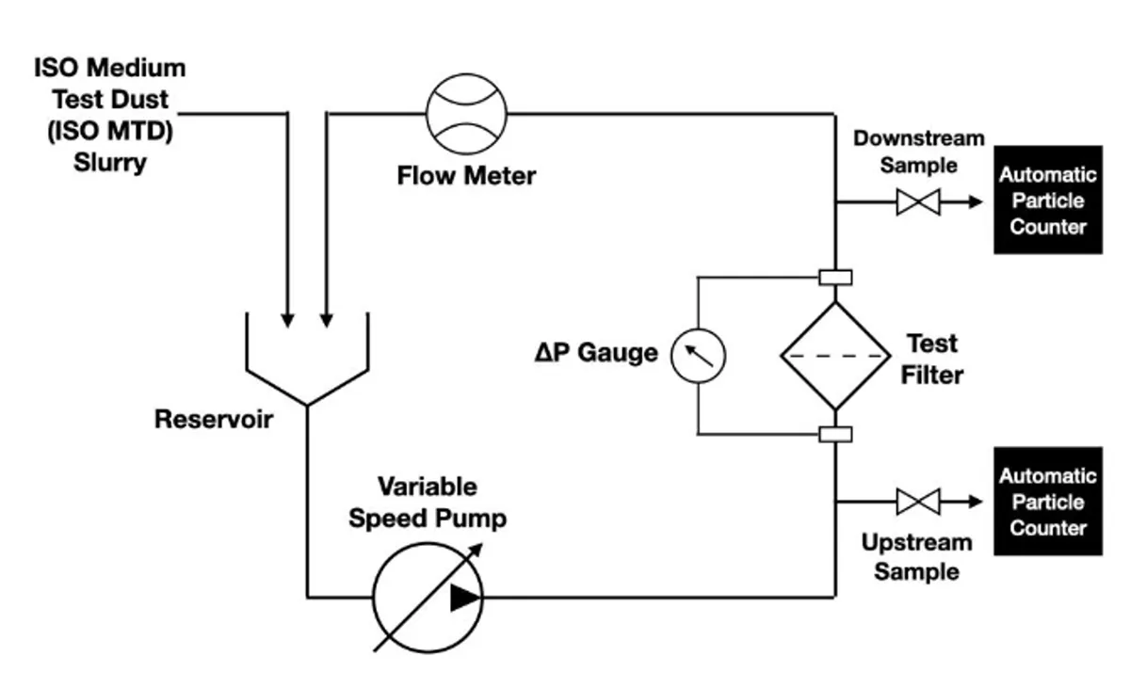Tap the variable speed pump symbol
(428, 596)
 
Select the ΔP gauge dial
(699, 355)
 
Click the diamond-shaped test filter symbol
(835, 355)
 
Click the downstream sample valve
(918, 201)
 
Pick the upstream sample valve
(918, 501)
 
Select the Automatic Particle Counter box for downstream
(1048, 200)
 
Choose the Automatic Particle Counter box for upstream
(1048, 501)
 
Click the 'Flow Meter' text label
(466, 175)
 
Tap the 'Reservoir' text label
(214, 419)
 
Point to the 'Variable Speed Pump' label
(428, 503)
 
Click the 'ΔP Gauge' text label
(596, 355)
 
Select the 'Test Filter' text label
(932, 359)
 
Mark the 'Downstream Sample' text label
(918, 152)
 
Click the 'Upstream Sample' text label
(917, 557)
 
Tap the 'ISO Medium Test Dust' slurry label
(110, 115)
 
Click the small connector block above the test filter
(835, 277)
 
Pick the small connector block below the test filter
(835, 434)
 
